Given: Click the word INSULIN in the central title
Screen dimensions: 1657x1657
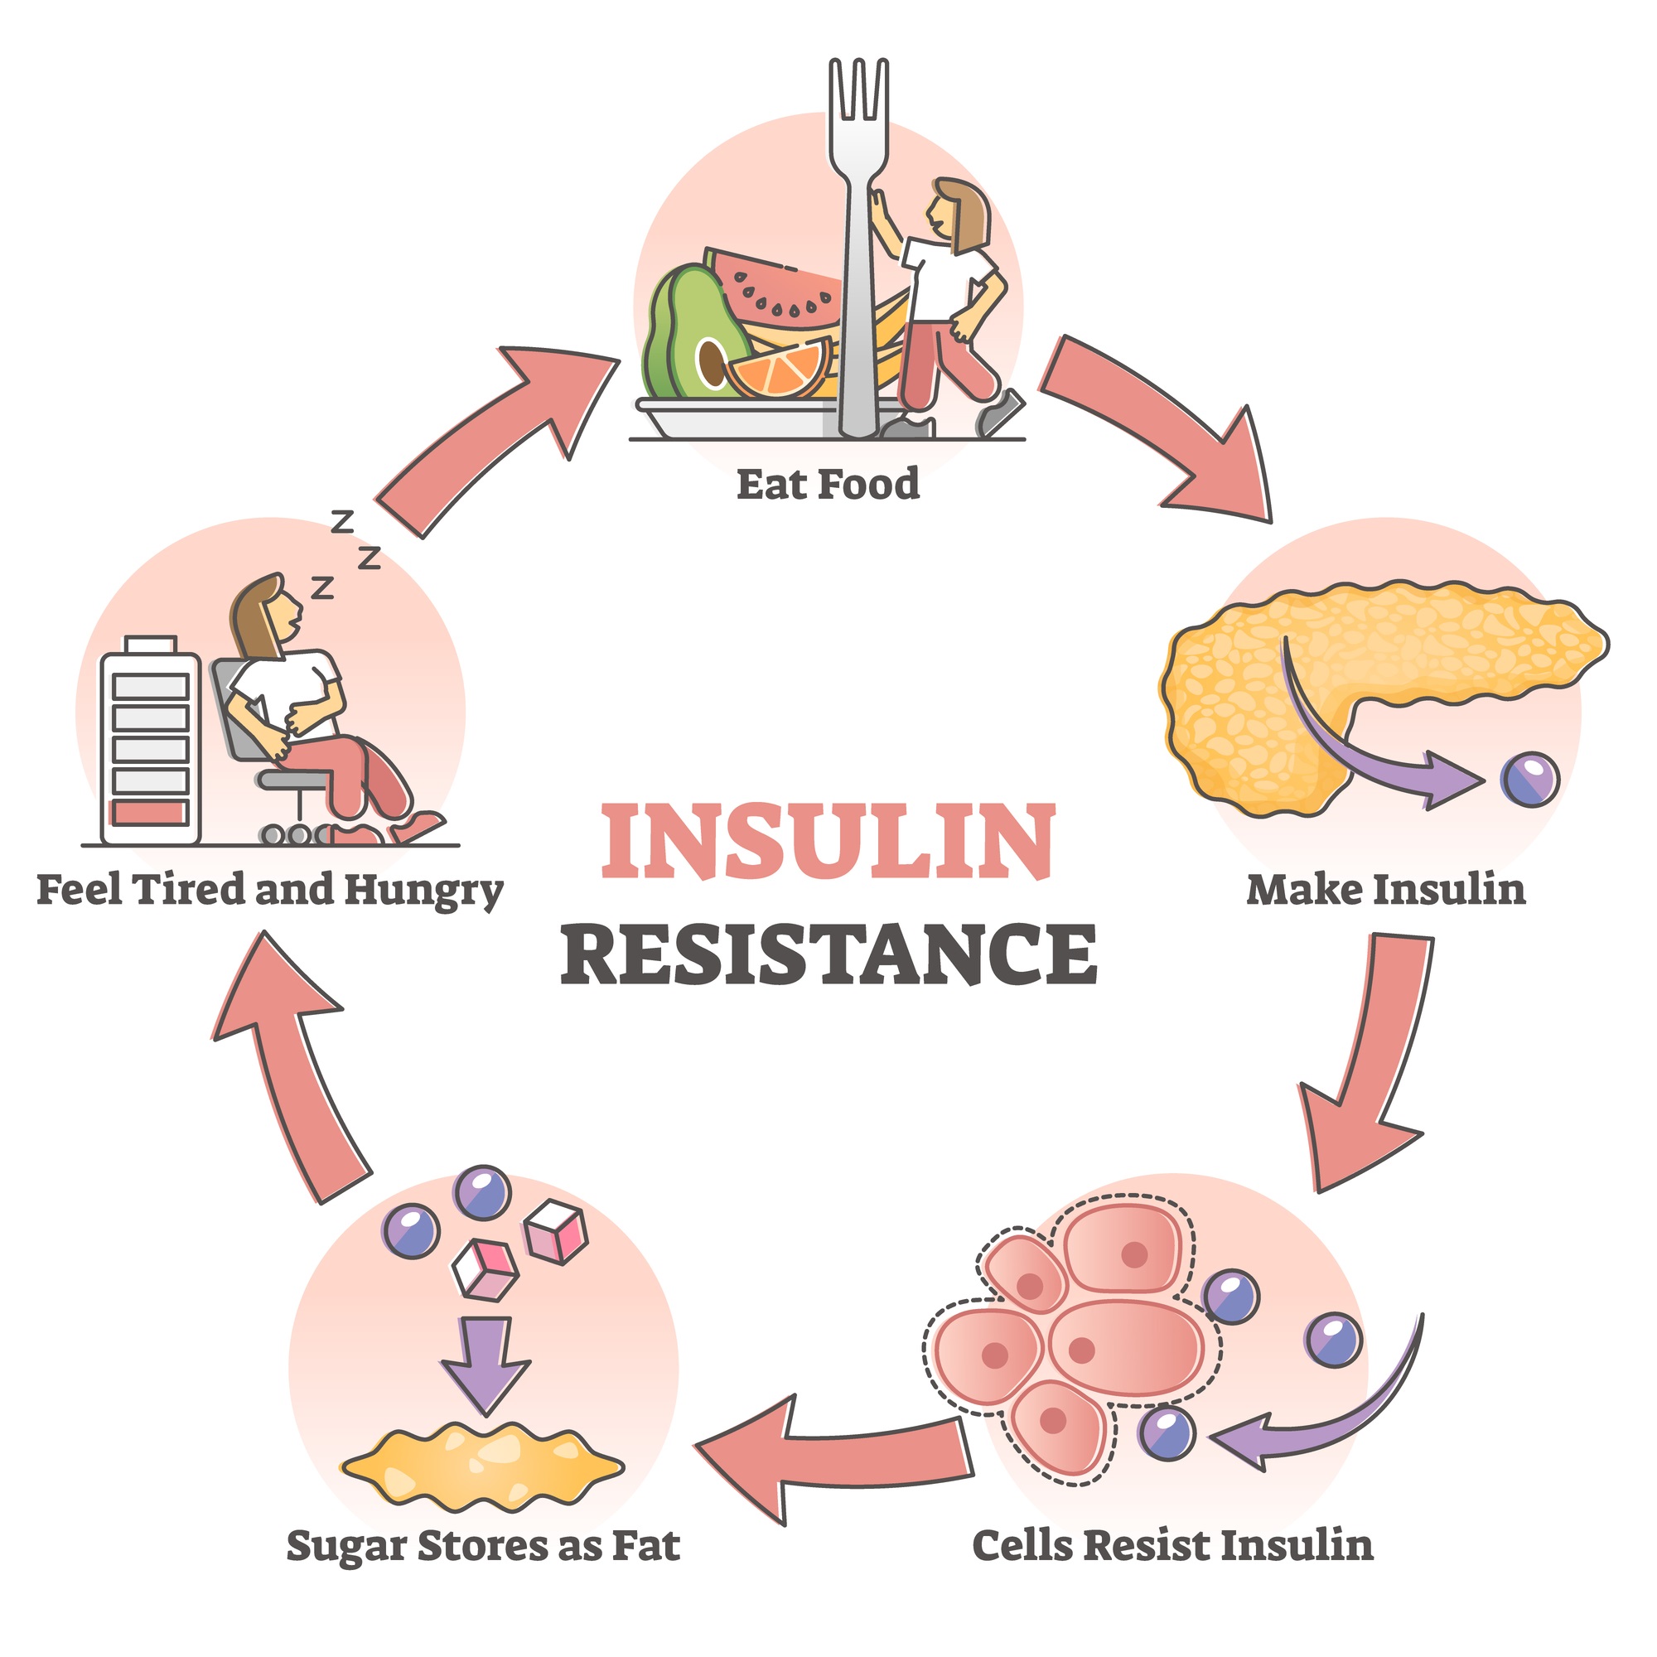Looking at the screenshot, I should pos(828,842).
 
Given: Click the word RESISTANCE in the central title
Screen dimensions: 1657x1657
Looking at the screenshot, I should pos(828,954).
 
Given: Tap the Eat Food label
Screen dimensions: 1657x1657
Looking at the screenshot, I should pos(828,485).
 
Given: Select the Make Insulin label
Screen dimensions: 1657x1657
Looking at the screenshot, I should pos(1386,889).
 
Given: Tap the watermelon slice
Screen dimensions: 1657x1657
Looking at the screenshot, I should pos(772,287).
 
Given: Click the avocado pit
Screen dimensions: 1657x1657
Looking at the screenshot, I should pos(711,361).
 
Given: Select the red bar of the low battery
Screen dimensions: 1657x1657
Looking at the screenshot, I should pos(150,812).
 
